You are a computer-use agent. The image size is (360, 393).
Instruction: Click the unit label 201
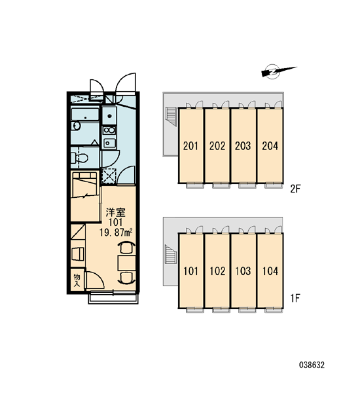coord(190,145)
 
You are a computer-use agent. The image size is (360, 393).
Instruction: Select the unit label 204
coord(270,145)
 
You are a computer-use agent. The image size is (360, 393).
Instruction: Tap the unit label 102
coord(217,271)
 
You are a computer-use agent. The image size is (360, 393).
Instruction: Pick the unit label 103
coord(243,271)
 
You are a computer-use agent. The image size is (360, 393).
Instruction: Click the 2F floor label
coord(295,189)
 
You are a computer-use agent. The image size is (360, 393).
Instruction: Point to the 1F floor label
coord(295,298)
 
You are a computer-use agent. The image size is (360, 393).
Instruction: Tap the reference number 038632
coord(312,365)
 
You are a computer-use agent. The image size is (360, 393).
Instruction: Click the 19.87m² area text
coord(116,233)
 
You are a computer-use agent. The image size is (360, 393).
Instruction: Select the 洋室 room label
coord(115,212)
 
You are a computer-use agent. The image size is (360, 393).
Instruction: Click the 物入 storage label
coord(77,280)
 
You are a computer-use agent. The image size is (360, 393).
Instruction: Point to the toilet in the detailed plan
coord(79,158)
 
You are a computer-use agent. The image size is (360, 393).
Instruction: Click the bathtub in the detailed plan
coord(85,115)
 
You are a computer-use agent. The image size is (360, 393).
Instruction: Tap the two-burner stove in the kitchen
coord(110,130)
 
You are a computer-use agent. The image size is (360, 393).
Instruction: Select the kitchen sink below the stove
coord(110,143)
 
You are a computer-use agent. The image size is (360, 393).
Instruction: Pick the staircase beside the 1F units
coord(171,254)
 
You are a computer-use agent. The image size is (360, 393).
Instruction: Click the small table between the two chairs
coord(126,263)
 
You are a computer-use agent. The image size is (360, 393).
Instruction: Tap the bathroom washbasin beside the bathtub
coord(76,126)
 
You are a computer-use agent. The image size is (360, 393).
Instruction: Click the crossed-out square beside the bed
coord(109,176)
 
